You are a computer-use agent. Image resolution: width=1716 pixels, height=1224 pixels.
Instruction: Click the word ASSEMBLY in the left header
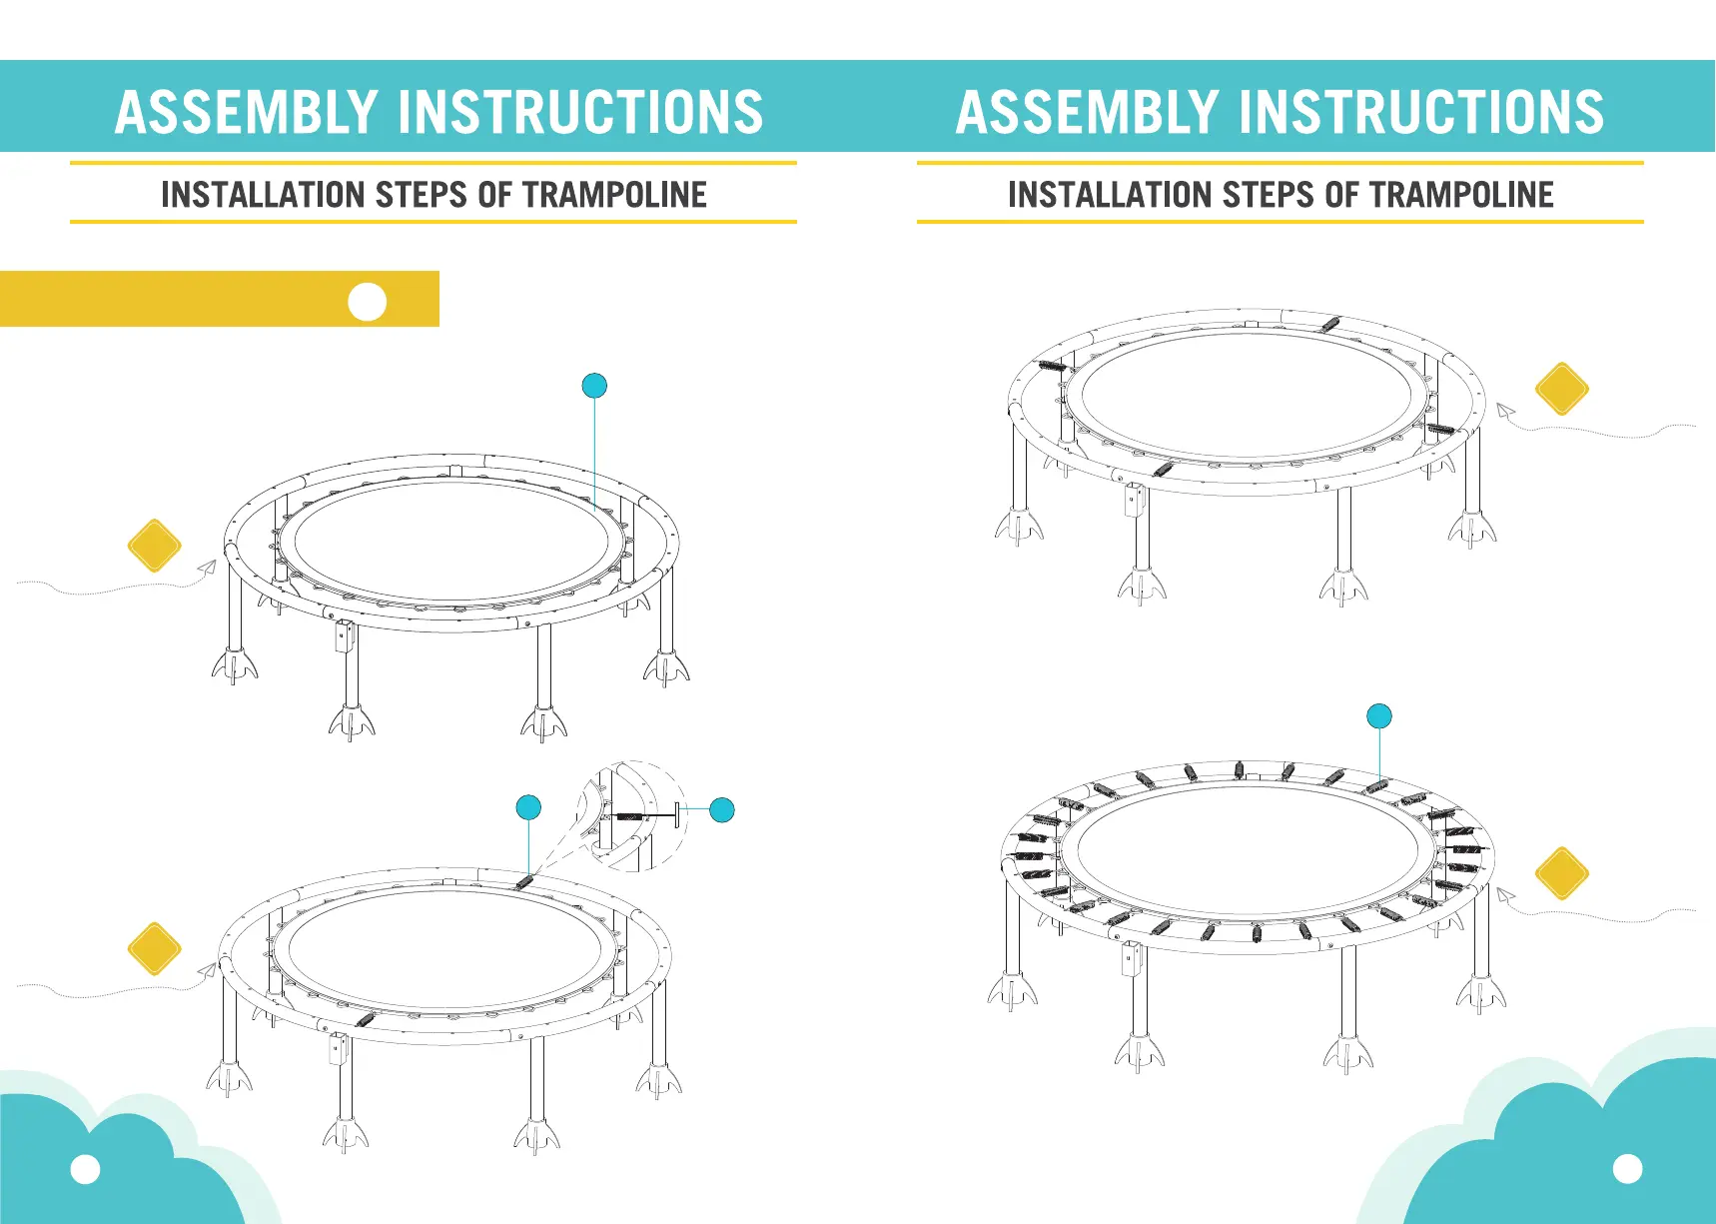246,112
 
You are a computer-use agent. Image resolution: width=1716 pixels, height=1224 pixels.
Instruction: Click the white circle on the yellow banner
368,302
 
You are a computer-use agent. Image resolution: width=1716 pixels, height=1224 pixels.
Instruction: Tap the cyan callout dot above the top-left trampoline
594,386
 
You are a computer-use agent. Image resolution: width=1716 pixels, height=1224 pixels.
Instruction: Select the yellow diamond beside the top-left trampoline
155,546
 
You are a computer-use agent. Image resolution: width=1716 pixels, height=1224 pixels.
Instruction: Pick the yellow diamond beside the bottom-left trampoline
155,948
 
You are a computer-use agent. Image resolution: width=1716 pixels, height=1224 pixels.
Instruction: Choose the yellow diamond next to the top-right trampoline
1562,389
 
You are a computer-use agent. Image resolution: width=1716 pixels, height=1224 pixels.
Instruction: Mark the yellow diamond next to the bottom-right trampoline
1562,873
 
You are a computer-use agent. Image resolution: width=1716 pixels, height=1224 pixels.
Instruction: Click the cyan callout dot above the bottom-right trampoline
1379,716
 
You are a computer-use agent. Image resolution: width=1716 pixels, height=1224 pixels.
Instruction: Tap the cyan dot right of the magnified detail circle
722,809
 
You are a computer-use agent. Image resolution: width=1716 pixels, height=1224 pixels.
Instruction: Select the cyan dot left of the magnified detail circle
528,807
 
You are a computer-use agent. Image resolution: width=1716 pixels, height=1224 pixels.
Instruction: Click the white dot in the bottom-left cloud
86,1169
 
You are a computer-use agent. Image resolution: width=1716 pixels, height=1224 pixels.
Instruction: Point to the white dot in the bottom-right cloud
1628,1168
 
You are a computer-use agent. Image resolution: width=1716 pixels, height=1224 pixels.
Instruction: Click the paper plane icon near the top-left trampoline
207,568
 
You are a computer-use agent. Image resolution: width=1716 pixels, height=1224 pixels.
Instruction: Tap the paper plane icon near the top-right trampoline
1505,410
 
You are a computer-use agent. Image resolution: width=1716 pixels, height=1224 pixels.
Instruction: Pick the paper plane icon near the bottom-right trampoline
1505,896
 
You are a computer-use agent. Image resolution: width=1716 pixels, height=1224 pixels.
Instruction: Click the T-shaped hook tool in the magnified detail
648,815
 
